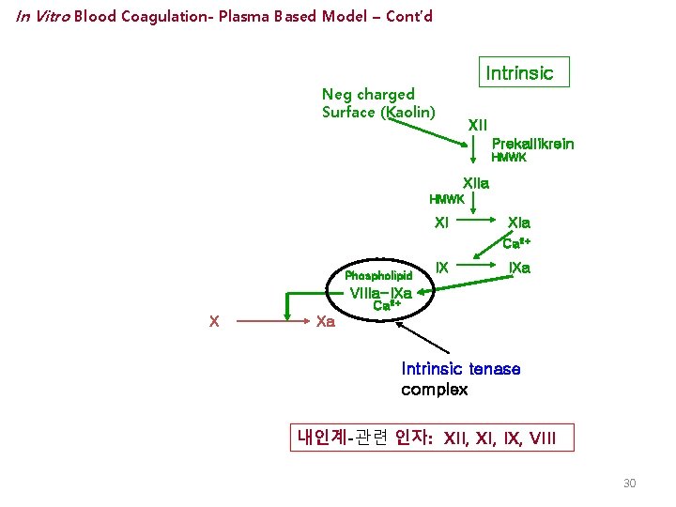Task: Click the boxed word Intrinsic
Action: tap(519, 72)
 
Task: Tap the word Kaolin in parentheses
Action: tap(405, 113)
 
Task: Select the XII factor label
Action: tap(477, 125)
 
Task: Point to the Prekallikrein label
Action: tap(532, 144)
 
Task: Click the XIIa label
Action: tap(476, 184)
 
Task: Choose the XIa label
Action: tap(519, 223)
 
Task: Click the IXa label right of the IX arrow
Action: tap(519, 268)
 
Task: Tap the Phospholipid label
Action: tap(378, 276)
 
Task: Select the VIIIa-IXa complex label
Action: tap(380, 292)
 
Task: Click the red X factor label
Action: tap(215, 321)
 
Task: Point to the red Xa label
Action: tap(326, 321)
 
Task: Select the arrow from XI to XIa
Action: tap(479, 223)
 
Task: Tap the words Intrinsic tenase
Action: tap(460, 369)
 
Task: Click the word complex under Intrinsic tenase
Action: tap(434, 389)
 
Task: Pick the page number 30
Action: tap(629, 483)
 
